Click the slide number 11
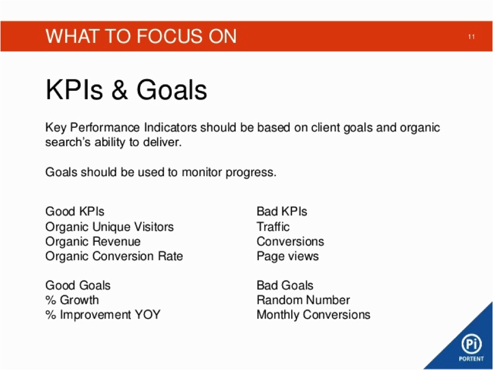coord(471,37)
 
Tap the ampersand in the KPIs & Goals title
coord(119,90)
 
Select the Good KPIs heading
coord(75,212)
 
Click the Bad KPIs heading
coord(282,212)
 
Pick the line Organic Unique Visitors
coord(109,227)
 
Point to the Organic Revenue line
coord(93,241)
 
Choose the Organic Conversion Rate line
coord(114,256)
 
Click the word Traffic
coord(273,227)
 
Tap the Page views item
coord(288,256)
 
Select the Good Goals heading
coord(78,285)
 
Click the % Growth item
coord(72,300)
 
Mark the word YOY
coord(147,314)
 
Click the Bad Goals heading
coord(285,285)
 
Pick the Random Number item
coord(303,300)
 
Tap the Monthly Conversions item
coord(313,314)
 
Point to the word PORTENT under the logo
coord(471,359)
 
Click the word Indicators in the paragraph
coord(171,128)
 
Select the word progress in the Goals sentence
coord(251,173)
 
